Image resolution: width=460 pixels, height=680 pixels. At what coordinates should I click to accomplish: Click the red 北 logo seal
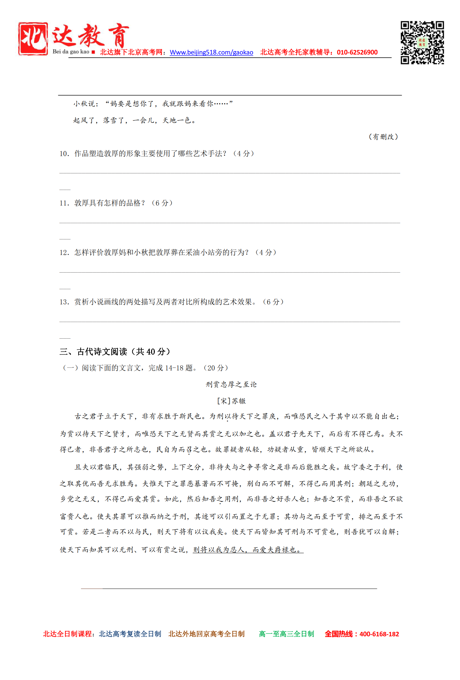click(x=33, y=39)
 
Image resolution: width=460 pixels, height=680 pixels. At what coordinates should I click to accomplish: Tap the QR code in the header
click(x=422, y=43)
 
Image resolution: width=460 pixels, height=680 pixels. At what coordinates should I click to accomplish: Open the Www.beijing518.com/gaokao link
click(x=211, y=52)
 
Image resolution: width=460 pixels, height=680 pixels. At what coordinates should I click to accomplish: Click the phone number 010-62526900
click(x=357, y=52)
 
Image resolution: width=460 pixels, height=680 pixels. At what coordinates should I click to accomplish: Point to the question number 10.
click(x=64, y=154)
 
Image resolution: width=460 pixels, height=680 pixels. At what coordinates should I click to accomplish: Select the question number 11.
click(x=64, y=203)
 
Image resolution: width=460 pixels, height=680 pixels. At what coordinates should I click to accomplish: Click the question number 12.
click(x=64, y=253)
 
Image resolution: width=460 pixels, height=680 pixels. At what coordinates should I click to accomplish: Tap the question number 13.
click(x=64, y=302)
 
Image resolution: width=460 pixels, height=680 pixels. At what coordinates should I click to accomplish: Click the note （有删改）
click(x=383, y=137)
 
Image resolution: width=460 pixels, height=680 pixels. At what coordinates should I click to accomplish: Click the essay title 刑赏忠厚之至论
click(x=231, y=385)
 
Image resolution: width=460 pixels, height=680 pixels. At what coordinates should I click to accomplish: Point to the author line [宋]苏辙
click(x=231, y=401)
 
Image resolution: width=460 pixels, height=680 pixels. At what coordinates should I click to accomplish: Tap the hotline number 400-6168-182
click(x=379, y=634)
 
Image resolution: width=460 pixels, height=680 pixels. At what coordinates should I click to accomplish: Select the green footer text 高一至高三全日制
click(x=287, y=634)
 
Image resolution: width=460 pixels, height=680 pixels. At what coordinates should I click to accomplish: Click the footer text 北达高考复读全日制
click(x=130, y=634)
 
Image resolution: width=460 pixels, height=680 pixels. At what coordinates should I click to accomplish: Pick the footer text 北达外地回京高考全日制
click(x=206, y=634)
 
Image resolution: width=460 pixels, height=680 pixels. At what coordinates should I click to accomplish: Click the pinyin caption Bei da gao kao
click(x=71, y=52)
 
